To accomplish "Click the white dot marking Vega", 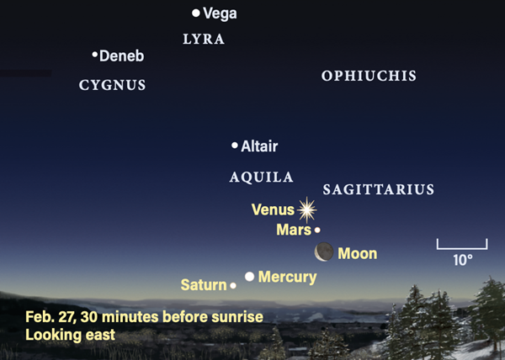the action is coord(196,13).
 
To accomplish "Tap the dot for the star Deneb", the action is coord(94,55).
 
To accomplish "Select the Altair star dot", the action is coord(235,146).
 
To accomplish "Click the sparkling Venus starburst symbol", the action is coord(307,210).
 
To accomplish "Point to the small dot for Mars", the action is coord(317,230).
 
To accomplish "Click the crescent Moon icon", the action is coord(324,251).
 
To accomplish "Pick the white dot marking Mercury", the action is coord(250,277).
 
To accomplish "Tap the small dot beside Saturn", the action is coord(233,285).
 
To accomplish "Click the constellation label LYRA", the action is coord(204,40).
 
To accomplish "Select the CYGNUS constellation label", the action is coord(113,85).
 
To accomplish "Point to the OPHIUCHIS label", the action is coord(369,76).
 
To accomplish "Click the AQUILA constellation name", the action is coord(261,177).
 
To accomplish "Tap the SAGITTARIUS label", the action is coord(379,189).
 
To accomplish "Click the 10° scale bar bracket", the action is coord(462,248).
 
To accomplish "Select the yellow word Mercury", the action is coord(288,278).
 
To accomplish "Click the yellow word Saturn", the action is coord(204,285).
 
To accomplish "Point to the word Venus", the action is coord(273,209).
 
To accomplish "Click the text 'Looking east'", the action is coord(70,335).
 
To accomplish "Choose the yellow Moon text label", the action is coord(358,254).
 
